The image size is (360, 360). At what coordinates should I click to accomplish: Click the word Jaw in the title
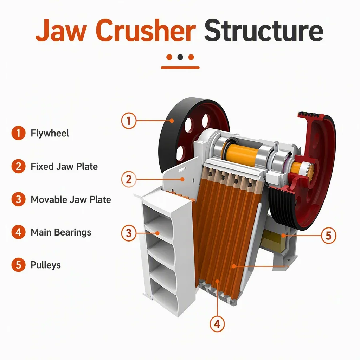[x=61, y=31]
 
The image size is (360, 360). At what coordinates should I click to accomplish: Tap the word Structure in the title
[x=264, y=31]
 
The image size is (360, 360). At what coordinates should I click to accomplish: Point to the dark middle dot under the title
[x=180, y=57]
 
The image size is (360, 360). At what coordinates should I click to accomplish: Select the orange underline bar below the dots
[x=180, y=67]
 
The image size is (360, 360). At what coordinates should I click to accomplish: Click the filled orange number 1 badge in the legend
[x=18, y=133]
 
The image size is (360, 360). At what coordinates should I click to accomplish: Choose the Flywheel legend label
[x=50, y=133]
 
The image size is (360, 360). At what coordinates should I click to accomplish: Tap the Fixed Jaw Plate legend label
[x=64, y=166]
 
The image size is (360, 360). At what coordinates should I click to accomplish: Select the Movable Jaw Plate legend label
[x=71, y=200]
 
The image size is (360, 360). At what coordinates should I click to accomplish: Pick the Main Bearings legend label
[x=61, y=232]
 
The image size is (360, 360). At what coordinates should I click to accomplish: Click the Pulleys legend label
[x=46, y=265]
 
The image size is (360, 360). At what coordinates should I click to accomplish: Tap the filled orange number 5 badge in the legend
[x=18, y=265]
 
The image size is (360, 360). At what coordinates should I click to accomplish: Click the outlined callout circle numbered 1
[x=129, y=121]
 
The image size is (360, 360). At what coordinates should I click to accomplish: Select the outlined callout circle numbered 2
[x=129, y=179]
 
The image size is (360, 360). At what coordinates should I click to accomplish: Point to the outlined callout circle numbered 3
[x=129, y=233]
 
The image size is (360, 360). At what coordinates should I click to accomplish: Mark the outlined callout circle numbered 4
[x=217, y=324]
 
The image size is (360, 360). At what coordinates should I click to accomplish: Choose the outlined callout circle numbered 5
[x=329, y=236]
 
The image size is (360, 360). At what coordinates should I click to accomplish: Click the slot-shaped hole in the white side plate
[x=182, y=169]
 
